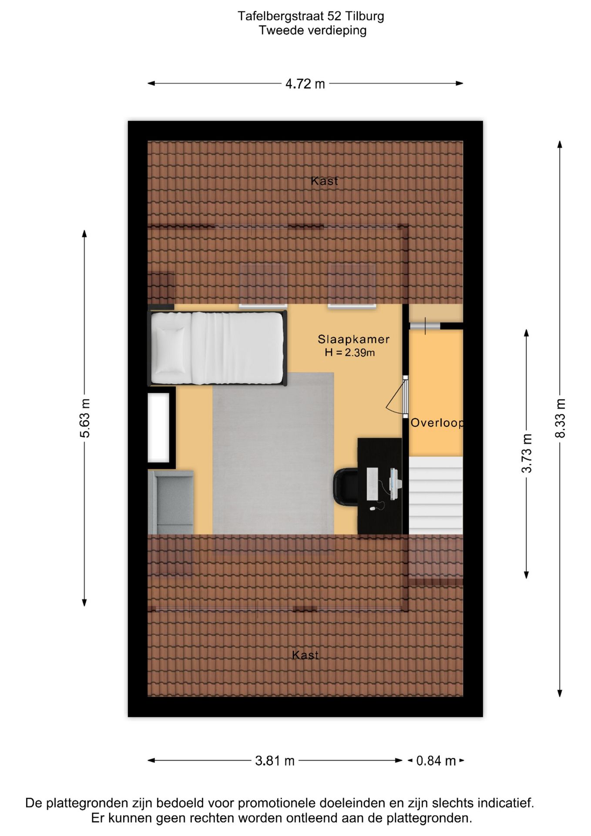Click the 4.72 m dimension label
pyautogui.click(x=305, y=84)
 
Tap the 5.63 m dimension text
pyautogui.click(x=85, y=418)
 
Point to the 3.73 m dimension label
pyautogui.click(x=527, y=453)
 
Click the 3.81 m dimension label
pyautogui.click(x=275, y=761)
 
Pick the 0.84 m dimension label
pyautogui.click(x=436, y=761)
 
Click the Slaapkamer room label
pyautogui.click(x=353, y=339)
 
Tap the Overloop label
pyautogui.click(x=437, y=423)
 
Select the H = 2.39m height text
pyautogui.click(x=349, y=353)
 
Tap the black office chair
pyautogui.click(x=346, y=487)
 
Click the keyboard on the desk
pyautogui.click(x=373, y=484)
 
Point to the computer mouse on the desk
pyautogui.click(x=373, y=509)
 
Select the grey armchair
pyautogui.click(x=171, y=502)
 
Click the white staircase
pyautogui.click(x=436, y=495)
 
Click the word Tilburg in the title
pyautogui.click(x=365, y=17)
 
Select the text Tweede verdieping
pyautogui.click(x=312, y=30)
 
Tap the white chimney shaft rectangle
pyautogui.click(x=159, y=427)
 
